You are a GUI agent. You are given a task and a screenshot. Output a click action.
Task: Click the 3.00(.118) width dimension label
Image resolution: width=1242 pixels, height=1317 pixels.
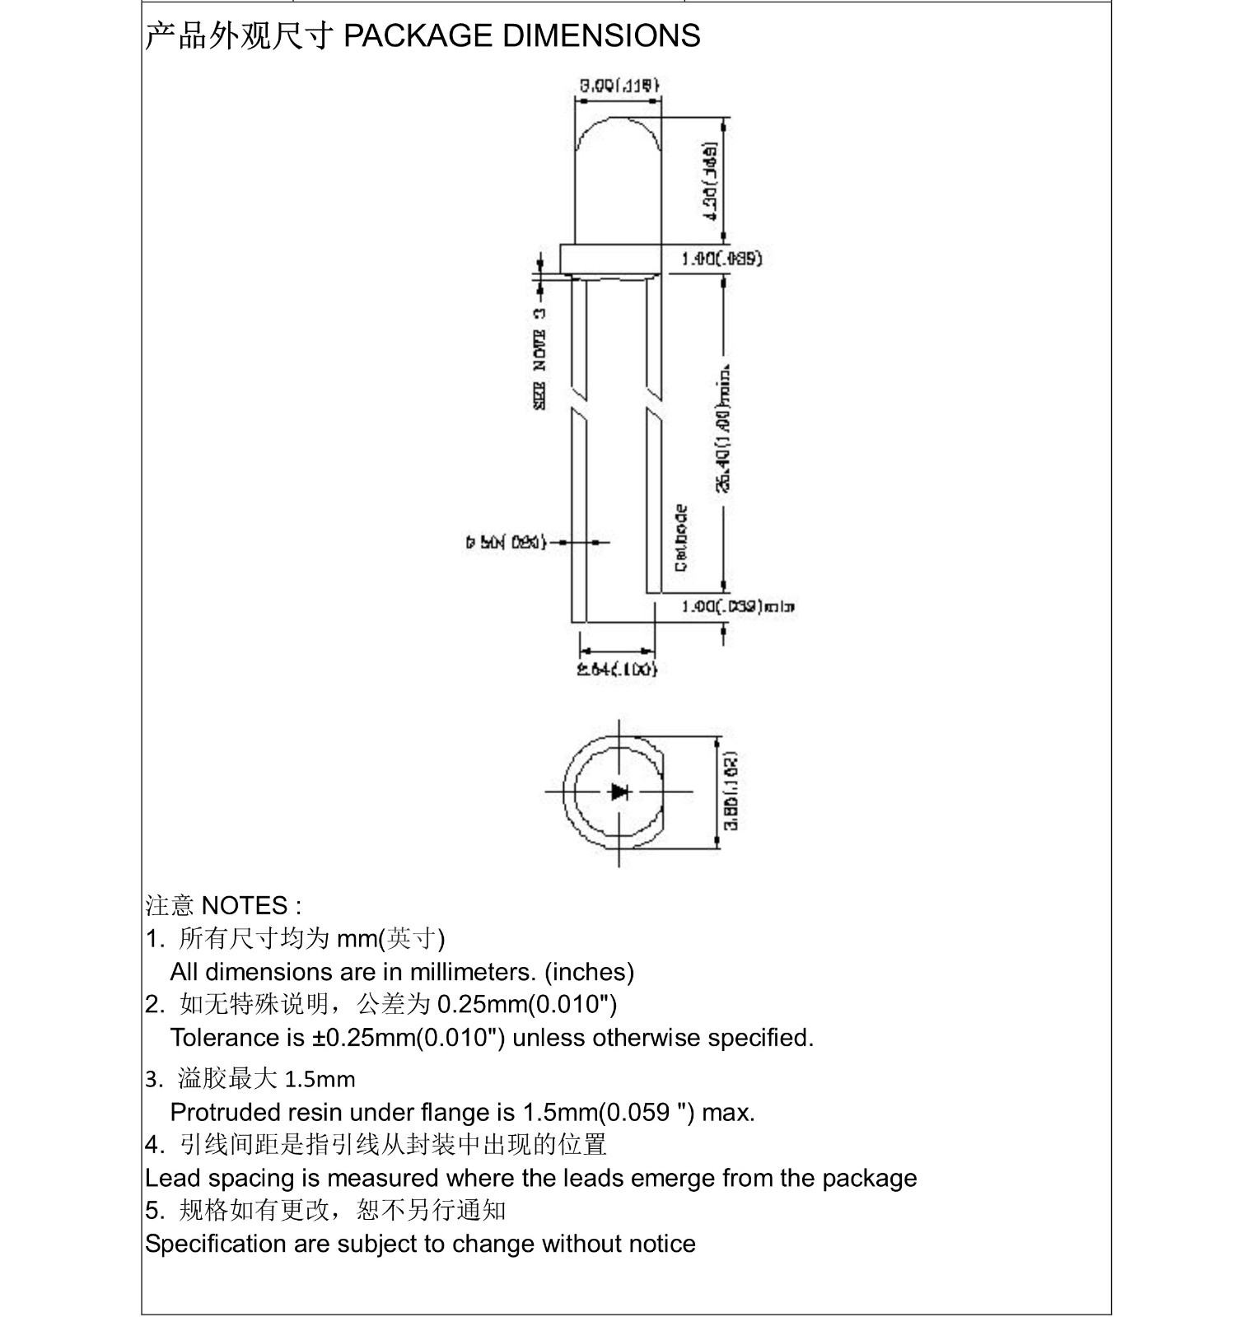click(619, 84)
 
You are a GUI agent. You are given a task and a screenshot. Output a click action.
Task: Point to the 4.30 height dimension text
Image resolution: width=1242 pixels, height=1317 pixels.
click(709, 180)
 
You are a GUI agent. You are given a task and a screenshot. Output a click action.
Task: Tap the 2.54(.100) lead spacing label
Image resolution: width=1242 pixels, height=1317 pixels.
click(617, 669)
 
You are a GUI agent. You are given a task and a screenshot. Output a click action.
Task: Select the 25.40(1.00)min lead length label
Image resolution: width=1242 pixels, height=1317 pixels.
click(724, 427)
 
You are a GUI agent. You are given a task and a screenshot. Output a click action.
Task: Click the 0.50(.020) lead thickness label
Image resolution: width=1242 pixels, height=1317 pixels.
click(506, 543)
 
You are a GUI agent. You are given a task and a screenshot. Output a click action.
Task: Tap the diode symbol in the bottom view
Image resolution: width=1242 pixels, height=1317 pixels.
click(619, 792)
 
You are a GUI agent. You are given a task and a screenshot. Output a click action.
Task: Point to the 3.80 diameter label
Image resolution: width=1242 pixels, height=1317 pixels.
click(731, 791)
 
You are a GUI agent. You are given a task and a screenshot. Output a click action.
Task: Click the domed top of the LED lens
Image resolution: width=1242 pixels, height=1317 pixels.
click(619, 132)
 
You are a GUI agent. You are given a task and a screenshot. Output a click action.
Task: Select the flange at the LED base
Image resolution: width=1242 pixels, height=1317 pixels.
click(610, 259)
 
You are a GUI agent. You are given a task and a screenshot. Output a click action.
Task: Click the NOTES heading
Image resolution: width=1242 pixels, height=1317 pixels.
click(245, 905)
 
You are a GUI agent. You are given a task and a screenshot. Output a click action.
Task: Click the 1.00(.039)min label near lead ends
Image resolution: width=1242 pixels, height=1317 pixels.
click(737, 607)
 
